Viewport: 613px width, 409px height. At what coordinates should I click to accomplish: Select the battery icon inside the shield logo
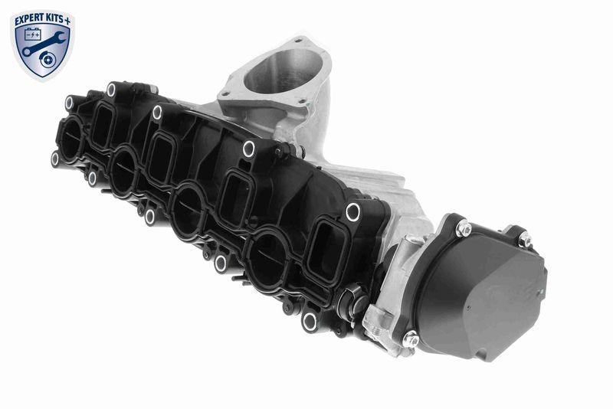(x=34, y=35)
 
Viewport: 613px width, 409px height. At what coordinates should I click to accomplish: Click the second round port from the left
(x=123, y=172)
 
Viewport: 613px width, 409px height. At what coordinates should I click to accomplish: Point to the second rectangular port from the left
(x=160, y=156)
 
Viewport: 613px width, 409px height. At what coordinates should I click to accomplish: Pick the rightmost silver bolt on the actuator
(x=525, y=239)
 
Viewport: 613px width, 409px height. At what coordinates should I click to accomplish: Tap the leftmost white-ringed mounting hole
(x=55, y=159)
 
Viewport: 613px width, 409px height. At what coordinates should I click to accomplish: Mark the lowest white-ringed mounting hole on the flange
(x=309, y=322)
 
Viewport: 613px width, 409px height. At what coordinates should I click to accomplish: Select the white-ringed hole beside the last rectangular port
(x=352, y=212)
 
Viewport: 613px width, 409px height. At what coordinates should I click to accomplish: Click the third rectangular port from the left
(x=234, y=196)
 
